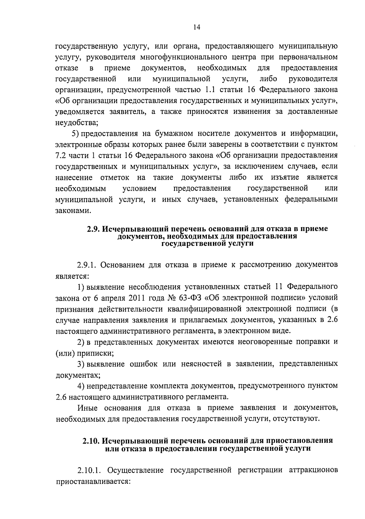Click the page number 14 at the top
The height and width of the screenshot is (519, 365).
click(x=196, y=27)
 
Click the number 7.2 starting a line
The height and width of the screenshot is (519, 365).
click(x=61, y=155)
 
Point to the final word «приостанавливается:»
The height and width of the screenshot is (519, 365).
click(x=93, y=482)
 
